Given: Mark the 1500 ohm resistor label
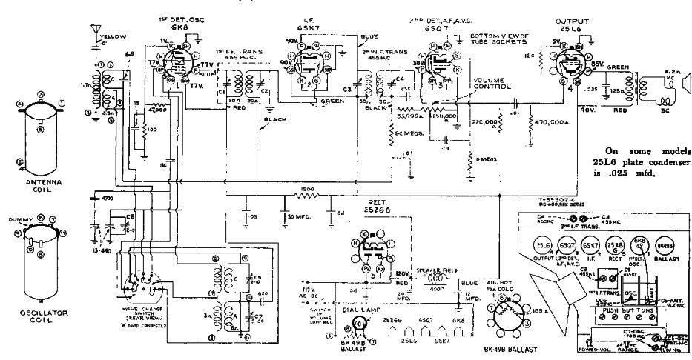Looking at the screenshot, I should [308, 189].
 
